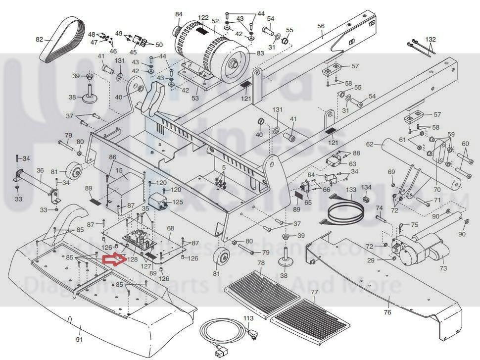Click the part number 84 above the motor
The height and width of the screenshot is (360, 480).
click(x=179, y=14)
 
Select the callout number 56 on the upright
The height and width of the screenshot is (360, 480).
click(x=321, y=26)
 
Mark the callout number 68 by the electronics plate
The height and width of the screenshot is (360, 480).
click(x=171, y=228)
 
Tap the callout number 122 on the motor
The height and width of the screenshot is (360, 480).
click(x=203, y=18)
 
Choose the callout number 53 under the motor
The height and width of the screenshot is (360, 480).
click(x=195, y=98)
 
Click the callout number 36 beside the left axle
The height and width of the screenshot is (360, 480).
click(x=40, y=170)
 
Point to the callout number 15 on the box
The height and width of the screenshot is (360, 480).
click(x=119, y=171)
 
